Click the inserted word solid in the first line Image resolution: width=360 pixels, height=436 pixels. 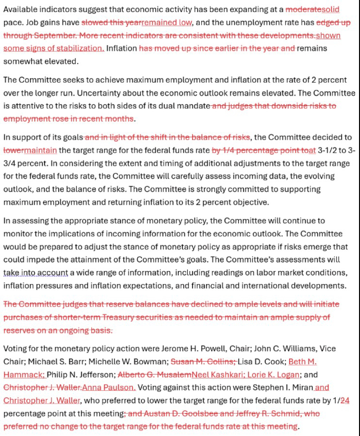tap(330, 9)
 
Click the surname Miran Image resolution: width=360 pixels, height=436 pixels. tap(295, 387)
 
